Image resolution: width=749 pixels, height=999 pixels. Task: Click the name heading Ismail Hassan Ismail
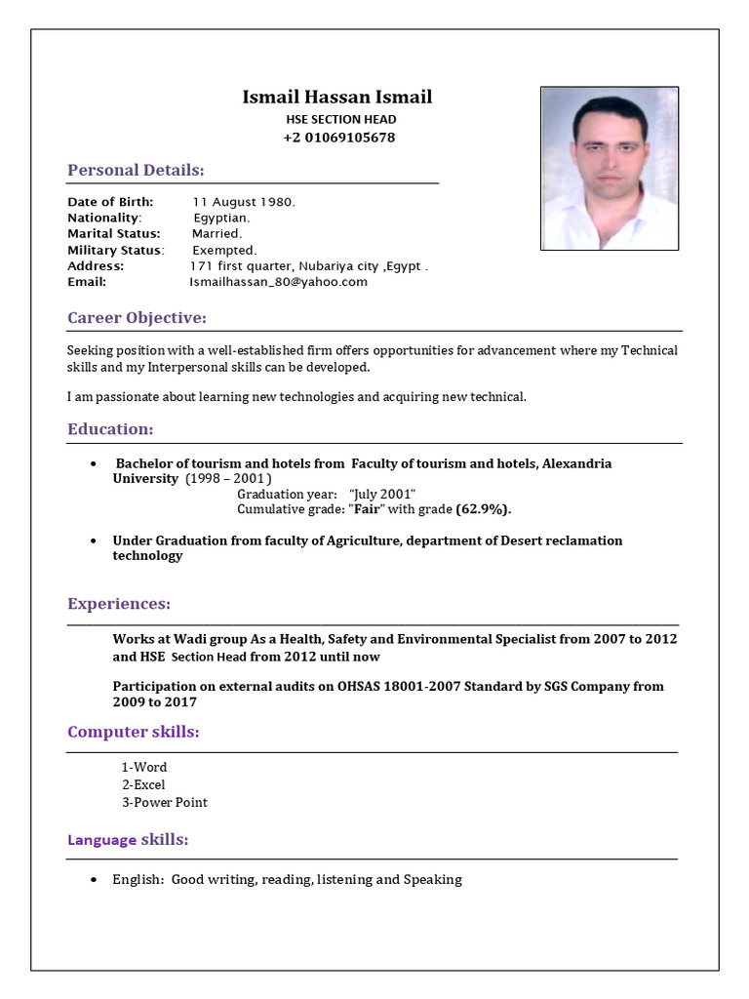click(336, 98)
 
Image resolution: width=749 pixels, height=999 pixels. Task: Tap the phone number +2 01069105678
click(339, 138)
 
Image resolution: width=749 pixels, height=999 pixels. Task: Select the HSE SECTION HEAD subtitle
click(340, 119)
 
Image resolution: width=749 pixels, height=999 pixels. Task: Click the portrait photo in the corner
click(610, 168)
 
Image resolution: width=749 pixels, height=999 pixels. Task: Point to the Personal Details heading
click(136, 171)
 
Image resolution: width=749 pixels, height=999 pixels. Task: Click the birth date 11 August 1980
click(243, 202)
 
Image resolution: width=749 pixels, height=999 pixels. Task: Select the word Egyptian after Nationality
click(221, 218)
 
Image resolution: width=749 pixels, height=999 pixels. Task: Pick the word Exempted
click(224, 250)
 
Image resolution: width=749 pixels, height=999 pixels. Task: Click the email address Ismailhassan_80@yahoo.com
click(278, 282)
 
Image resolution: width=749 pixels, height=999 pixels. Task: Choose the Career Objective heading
click(137, 318)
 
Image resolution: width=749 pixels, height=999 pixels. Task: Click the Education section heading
click(110, 429)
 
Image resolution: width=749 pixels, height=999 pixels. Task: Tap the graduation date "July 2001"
click(382, 495)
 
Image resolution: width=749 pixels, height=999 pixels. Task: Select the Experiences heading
click(119, 604)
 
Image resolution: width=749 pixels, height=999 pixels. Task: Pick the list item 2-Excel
click(143, 785)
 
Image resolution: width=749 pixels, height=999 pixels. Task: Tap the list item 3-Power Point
click(164, 803)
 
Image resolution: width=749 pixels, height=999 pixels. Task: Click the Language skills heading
click(128, 840)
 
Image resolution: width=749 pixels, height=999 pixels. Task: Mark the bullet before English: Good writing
click(93, 880)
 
